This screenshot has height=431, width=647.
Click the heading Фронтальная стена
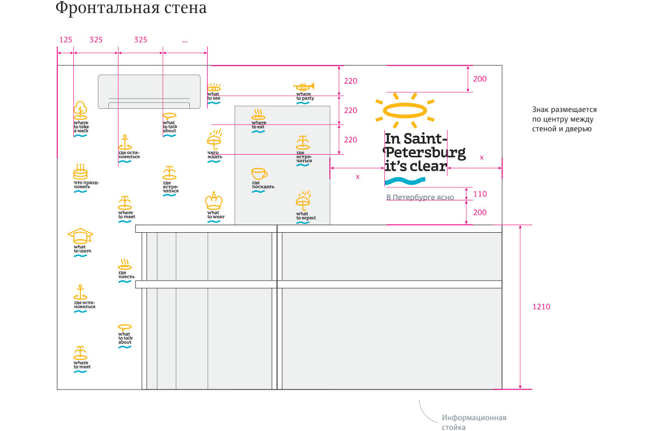click(131, 9)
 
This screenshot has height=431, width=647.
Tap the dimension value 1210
click(541, 307)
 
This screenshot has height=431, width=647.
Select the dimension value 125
click(65, 40)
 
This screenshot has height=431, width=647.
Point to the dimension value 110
click(479, 194)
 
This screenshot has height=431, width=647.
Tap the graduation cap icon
click(80, 235)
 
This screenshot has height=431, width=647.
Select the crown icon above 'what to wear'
click(214, 201)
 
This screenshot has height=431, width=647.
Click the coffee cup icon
click(259, 174)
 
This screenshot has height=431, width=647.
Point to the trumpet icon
click(304, 86)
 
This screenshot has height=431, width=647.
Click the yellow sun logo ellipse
click(405, 110)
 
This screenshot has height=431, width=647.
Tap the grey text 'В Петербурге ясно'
click(420, 198)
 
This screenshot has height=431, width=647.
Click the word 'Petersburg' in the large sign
click(425, 153)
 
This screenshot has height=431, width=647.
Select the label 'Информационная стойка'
click(474, 422)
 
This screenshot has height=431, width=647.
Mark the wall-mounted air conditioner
click(149, 92)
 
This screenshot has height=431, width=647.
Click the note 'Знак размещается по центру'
click(564, 119)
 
